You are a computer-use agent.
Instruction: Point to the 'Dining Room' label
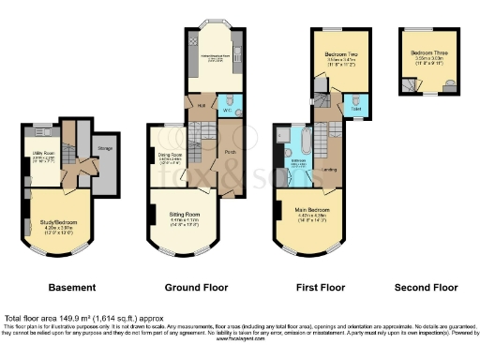tap(169, 155)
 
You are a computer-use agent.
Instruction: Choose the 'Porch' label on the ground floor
tap(231, 149)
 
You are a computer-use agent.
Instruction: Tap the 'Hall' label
tap(201, 105)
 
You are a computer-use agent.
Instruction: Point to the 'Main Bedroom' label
tap(310, 209)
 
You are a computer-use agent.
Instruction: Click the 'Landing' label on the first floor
tap(330, 170)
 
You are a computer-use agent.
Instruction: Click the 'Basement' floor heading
tap(72, 287)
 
